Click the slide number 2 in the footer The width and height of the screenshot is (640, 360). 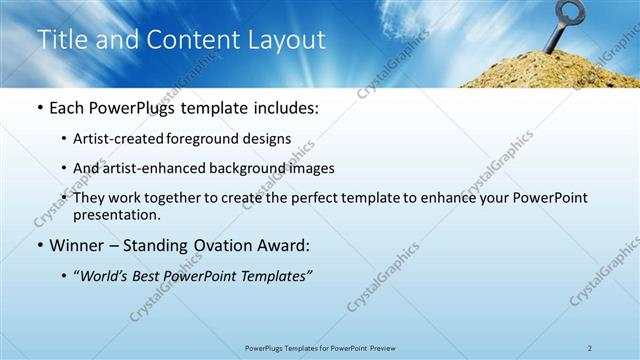[x=590, y=348]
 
